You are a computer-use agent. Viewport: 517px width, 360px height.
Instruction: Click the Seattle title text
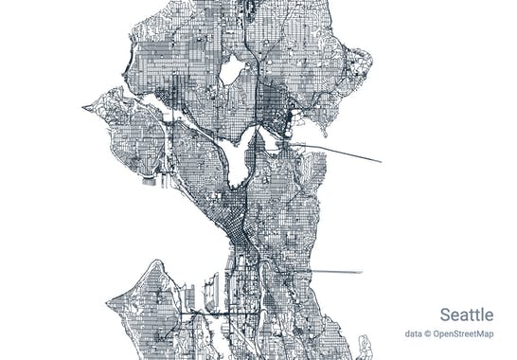[x=466, y=315]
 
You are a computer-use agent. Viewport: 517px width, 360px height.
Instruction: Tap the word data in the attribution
[x=414, y=333]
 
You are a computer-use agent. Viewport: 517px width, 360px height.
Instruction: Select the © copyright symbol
[x=429, y=333]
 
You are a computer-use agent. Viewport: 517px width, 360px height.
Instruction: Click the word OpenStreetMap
[x=464, y=333]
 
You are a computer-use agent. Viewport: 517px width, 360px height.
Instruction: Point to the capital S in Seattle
[x=445, y=315]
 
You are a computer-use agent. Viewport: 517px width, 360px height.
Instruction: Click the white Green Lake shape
[x=231, y=70]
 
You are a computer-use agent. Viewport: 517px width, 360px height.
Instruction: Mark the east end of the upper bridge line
[x=381, y=162]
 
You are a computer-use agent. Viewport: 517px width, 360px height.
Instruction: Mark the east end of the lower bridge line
[x=362, y=273]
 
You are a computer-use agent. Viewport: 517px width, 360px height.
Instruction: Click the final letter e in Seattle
[x=489, y=315]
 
